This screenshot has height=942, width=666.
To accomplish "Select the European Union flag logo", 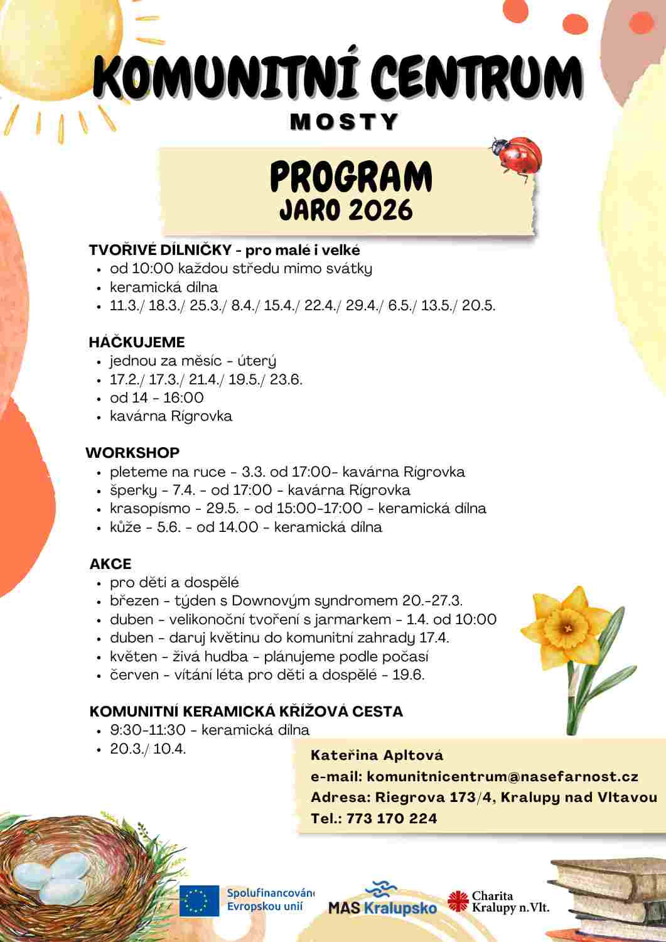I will (x=199, y=901).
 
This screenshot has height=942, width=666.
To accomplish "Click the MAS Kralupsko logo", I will (x=382, y=899).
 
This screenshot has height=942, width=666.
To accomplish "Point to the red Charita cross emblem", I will (x=458, y=902).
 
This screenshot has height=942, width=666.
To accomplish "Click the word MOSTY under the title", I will (x=344, y=121).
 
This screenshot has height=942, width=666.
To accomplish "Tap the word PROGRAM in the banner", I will (x=351, y=177).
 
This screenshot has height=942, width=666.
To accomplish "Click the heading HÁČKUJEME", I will (x=137, y=342).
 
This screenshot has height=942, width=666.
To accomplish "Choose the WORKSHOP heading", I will (x=132, y=452).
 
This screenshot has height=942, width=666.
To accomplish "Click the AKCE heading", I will (x=110, y=563).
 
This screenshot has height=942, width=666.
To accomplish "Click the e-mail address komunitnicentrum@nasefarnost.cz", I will (x=502, y=776).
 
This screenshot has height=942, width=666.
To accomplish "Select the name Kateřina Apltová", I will (x=377, y=755).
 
